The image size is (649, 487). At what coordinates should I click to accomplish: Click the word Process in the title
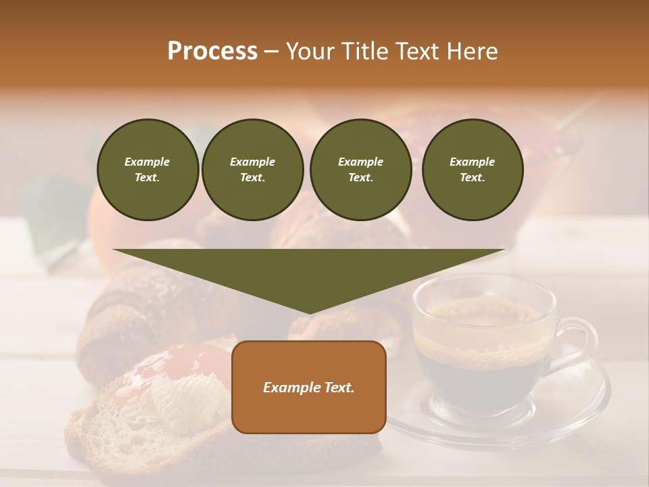[212, 51]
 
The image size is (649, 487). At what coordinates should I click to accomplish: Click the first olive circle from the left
[147, 170]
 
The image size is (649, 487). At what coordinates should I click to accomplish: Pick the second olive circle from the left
[252, 170]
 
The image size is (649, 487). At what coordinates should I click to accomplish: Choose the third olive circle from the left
[360, 170]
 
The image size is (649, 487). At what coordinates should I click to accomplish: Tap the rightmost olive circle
[472, 170]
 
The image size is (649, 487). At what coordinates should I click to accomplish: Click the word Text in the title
[418, 51]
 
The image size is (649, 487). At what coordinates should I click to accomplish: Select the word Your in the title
[308, 51]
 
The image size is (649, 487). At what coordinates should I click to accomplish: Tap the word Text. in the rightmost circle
[472, 177]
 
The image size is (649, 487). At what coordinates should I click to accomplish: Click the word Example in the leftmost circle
[147, 162]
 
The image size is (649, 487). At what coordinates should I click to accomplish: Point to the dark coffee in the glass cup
[473, 379]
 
